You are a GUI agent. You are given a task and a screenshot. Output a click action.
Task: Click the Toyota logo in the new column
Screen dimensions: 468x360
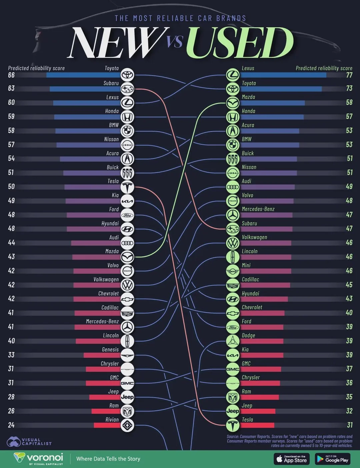[127, 75]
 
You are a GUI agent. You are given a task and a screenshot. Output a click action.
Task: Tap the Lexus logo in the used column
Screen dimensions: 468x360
[232, 75]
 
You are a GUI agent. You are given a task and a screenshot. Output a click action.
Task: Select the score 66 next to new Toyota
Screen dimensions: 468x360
[11, 75]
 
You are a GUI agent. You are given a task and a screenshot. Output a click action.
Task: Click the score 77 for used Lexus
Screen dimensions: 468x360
[349, 75]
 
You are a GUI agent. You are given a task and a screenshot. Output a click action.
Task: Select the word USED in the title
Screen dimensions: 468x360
[239, 43]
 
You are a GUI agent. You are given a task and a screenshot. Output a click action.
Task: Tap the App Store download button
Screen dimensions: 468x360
[292, 459]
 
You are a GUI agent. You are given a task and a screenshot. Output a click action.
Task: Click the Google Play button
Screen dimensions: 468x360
[332, 459]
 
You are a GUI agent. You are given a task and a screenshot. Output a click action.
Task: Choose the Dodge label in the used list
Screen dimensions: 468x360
[248, 335]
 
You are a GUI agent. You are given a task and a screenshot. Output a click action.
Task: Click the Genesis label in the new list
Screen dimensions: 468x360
[110, 349]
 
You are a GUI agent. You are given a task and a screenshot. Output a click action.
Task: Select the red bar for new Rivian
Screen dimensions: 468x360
[107, 425]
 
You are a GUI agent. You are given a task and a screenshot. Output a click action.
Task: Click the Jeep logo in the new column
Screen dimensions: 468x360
[127, 397]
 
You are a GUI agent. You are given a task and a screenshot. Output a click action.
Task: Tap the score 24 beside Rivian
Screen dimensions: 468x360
[11, 425]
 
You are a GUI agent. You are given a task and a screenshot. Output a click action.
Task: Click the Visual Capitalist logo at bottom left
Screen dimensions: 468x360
[29, 442]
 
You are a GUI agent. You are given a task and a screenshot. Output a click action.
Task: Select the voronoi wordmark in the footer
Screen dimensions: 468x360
[45, 457]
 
